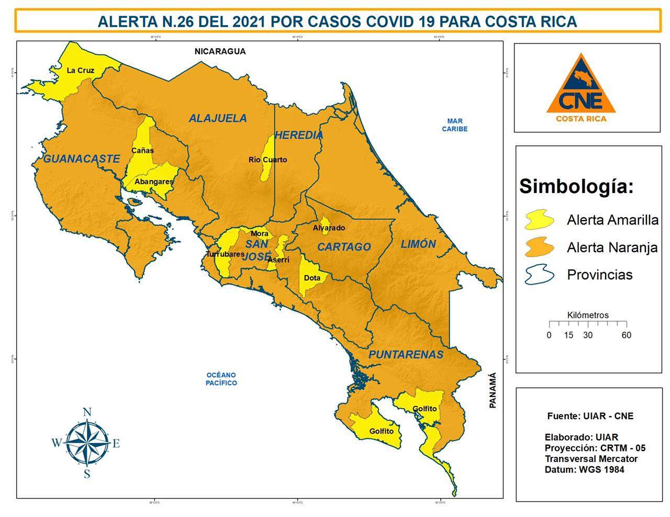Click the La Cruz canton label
[81, 70]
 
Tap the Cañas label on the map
[142, 151]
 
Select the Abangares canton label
[154, 182]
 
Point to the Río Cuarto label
[267, 160]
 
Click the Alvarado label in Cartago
[329, 228]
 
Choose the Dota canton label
[312, 278]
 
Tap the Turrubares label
[225, 254]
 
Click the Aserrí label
[278, 260]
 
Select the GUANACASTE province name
[82, 159]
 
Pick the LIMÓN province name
[418, 244]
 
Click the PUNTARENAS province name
[406, 355]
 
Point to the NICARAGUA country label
[220, 51]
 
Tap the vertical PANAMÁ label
[492, 390]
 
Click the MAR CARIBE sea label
[454, 125]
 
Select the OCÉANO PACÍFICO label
[221, 379]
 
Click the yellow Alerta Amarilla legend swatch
[540, 220]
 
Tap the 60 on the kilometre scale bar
[626, 335]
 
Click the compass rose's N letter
[87, 412]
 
